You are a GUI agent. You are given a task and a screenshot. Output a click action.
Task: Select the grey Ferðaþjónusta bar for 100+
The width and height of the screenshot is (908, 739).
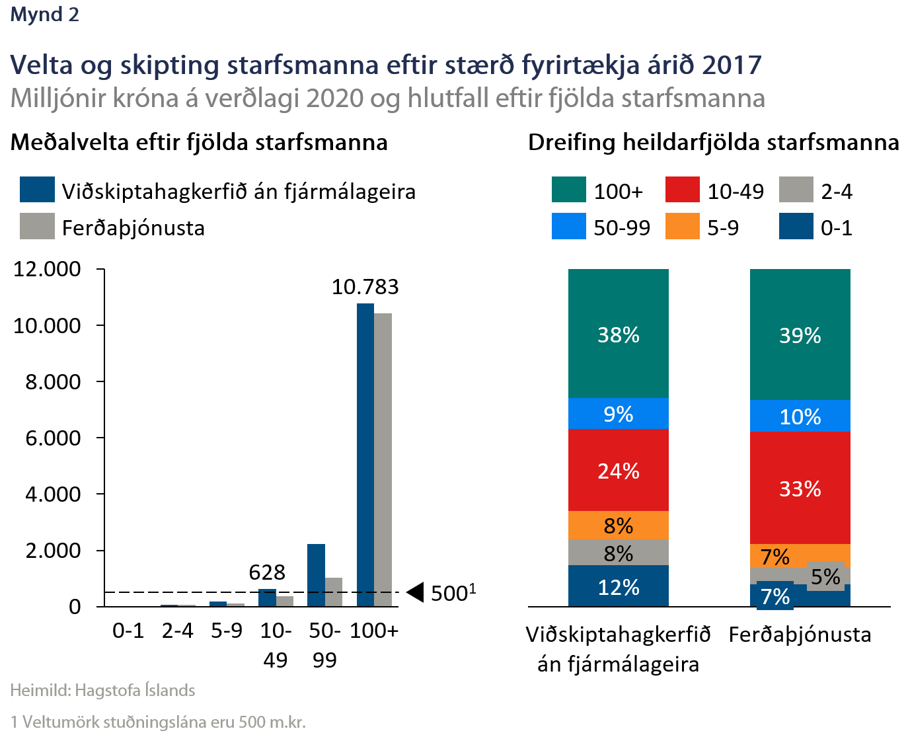click(x=383, y=459)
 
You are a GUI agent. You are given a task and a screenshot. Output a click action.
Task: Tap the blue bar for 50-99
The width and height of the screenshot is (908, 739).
click(x=316, y=575)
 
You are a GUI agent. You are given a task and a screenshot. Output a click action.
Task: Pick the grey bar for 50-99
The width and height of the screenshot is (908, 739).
click(x=334, y=592)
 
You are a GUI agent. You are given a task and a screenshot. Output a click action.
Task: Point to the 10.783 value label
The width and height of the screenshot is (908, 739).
click(x=365, y=287)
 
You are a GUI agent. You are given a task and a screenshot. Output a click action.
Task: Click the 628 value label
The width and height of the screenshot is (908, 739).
click(x=267, y=572)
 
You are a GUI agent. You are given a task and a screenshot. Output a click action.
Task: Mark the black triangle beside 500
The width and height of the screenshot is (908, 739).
click(x=415, y=593)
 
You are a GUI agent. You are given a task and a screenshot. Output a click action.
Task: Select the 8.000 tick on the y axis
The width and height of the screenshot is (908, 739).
click(x=53, y=382)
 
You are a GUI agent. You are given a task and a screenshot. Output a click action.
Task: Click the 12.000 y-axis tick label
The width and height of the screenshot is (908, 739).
click(x=47, y=269)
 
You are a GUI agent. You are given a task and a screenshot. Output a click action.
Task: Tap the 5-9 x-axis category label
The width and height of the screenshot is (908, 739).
click(x=226, y=631)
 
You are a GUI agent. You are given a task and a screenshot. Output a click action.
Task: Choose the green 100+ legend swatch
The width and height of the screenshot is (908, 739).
click(x=568, y=190)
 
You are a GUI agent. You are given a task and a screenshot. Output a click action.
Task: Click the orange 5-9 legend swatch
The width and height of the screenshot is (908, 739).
click(x=682, y=226)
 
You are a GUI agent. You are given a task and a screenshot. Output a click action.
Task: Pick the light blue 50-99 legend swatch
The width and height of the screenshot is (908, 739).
click(x=568, y=226)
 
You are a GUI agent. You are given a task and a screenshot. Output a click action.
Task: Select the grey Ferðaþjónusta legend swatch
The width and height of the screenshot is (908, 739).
click(x=37, y=226)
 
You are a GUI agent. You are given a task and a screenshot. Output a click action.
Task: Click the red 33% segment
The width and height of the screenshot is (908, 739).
click(x=800, y=488)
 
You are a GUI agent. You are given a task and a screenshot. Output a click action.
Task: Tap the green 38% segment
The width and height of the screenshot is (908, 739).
click(x=618, y=334)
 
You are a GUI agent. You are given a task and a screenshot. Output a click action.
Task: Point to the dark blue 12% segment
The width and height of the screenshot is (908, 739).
click(x=618, y=586)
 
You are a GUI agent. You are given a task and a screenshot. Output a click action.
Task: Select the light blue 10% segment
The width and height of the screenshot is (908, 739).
click(x=800, y=416)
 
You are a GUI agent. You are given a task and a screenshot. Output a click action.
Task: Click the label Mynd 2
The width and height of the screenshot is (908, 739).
click(x=45, y=15)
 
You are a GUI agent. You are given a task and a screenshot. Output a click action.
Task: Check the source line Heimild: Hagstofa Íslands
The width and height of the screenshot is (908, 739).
click(x=102, y=691)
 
